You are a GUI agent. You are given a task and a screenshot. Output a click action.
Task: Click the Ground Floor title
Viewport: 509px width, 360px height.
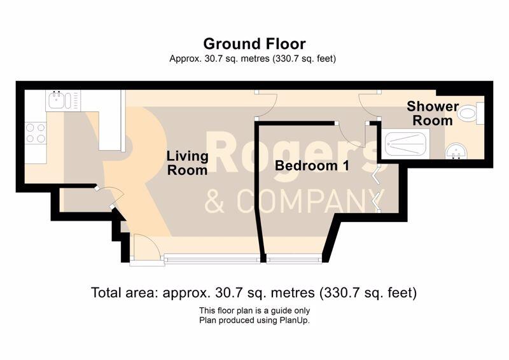pyautogui.click(x=254, y=44)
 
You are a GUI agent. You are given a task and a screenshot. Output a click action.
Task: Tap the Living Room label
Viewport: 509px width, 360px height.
pyautogui.click(x=187, y=163)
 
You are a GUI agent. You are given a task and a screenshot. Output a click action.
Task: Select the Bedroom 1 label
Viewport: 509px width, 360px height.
pyautogui.click(x=312, y=165)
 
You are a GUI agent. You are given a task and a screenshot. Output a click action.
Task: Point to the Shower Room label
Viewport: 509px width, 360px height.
pyautogui.click(x=433, y=113)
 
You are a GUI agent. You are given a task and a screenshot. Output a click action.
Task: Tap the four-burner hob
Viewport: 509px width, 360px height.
pyautogui.click(x=36, y=133)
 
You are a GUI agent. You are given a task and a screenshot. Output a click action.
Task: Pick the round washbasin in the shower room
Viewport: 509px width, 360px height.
pyautogui.click(x=456, y=152)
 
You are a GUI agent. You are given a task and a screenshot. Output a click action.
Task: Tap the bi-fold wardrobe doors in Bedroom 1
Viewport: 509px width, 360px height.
pyautogui.click(x=377, y=188)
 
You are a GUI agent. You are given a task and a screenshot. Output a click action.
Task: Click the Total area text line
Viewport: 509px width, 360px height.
pyautogui.click(x=254, y=293)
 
